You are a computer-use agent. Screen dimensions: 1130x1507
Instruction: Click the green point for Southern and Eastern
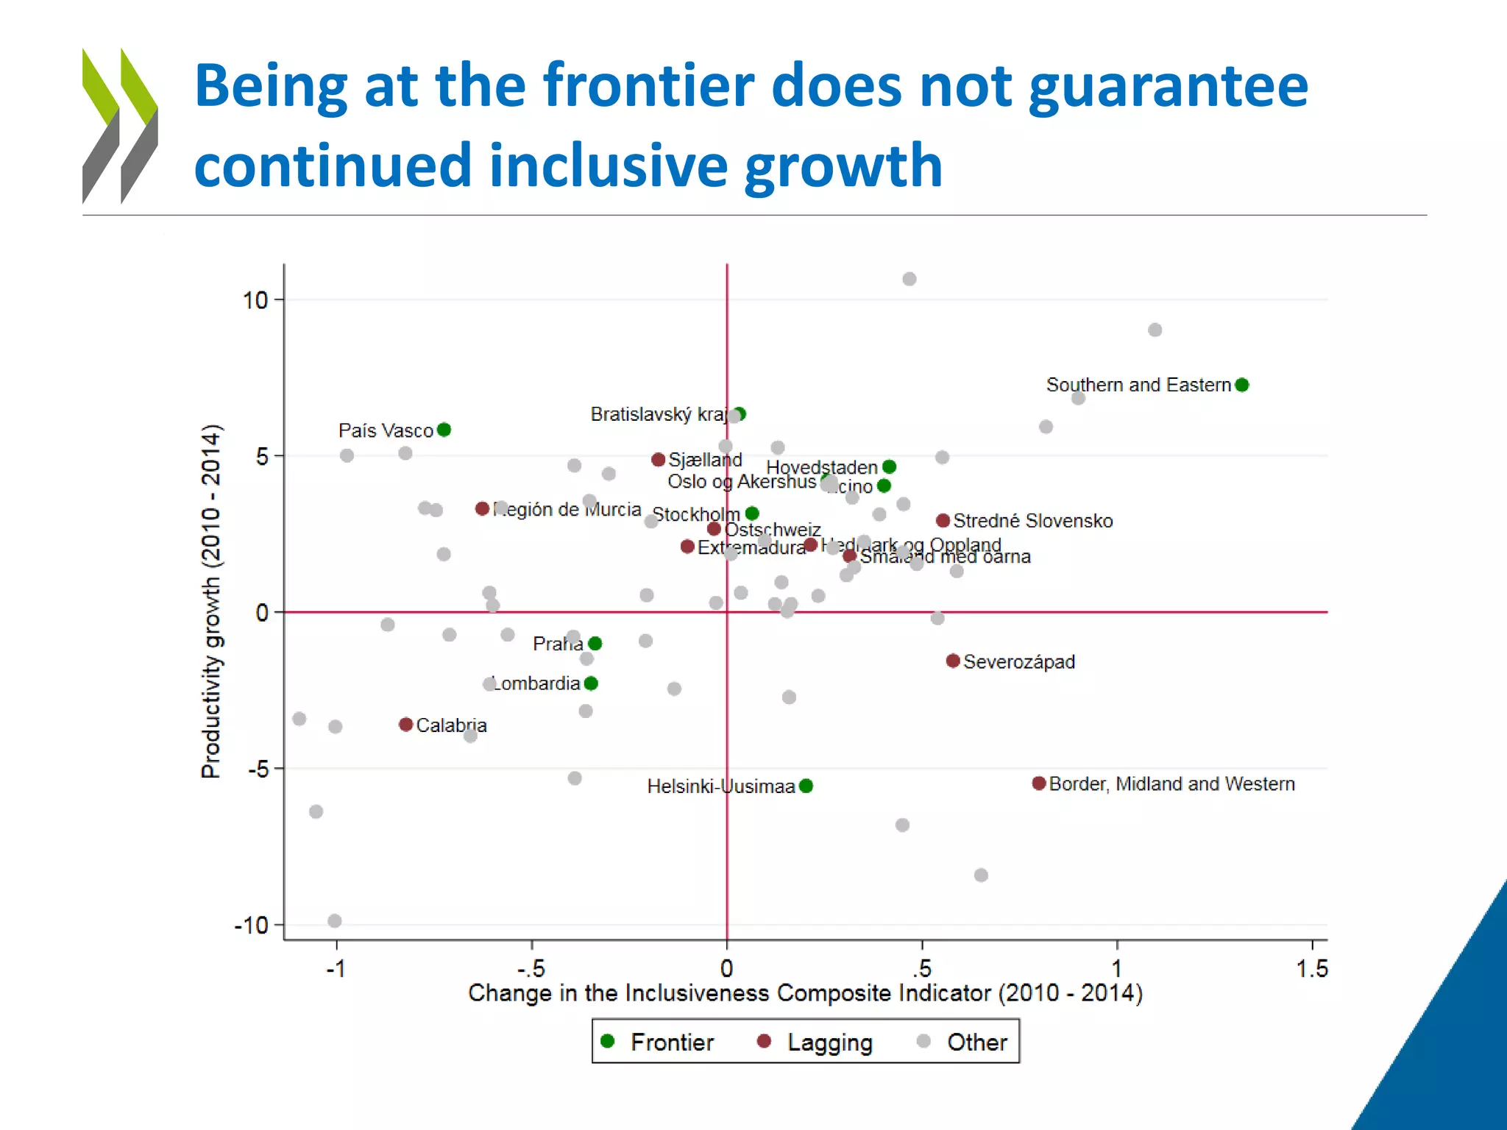tap(1242, 385)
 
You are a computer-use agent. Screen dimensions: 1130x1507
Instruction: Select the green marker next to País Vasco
tap(444, 430)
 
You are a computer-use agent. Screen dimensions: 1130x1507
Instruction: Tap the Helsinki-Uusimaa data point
tap(806, 786)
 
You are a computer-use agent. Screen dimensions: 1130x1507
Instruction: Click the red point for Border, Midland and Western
tap(1039, 783)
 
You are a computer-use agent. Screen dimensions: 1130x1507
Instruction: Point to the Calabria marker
tap(405, 725)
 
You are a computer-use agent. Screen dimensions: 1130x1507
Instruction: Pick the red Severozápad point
tap(953, 661)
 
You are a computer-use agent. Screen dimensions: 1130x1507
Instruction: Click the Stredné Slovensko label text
tap(1032, 521)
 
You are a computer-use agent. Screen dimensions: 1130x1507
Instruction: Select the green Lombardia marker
tap(591, 683)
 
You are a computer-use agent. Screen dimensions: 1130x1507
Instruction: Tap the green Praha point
tap(595, 644)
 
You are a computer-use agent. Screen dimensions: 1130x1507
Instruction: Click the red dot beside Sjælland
tap(659, 460)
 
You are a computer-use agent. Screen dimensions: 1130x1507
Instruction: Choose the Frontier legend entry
tap(657, 1042)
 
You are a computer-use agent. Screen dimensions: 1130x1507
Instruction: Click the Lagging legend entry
tap(815, 1042)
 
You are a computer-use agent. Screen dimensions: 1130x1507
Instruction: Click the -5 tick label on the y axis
tap(258, 770)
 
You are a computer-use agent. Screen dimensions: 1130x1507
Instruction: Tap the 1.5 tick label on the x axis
tap(1312, 969)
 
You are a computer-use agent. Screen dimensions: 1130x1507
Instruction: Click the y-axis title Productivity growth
tap(211, 601)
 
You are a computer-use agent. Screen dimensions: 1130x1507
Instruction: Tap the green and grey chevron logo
tap(120, 125)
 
